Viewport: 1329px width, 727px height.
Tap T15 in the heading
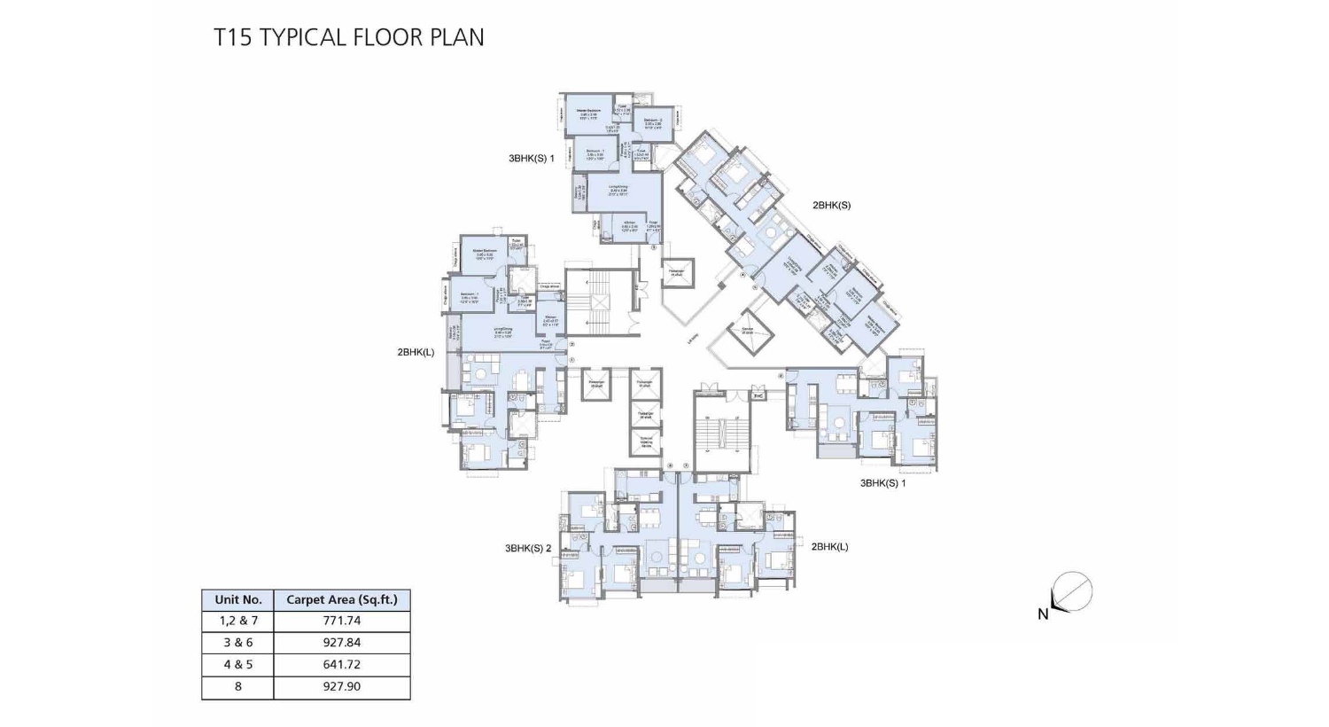[x=233, y=37]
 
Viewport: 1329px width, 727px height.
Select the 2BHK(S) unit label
[x=831, y=205]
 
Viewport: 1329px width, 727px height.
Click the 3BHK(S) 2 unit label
[x=528, y=548]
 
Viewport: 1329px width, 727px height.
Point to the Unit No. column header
[x=238, y=599]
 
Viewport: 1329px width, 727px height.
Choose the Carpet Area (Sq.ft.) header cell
[x=342, y=599]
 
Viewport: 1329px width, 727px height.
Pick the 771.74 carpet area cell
[x=342, y=621]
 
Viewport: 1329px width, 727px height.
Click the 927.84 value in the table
[x=342, y=643]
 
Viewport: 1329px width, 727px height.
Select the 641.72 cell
[x=342, y=664]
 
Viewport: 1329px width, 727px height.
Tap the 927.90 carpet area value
[x=342, y=686]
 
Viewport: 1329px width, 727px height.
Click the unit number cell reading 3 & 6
[x=238, y=643]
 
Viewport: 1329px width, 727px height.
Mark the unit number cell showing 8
[x=238, y=686]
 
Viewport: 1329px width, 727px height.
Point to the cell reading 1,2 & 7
[x=238, y=621]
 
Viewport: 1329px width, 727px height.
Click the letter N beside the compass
[x=1043, y=614]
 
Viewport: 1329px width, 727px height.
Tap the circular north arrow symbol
[x=1073, y=591]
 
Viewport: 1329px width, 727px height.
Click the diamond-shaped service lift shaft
[x=750, y=333]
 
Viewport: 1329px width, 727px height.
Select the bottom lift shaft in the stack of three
[x=646, y=442]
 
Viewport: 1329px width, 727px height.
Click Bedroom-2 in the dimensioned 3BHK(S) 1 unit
[x=654, y=123]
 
